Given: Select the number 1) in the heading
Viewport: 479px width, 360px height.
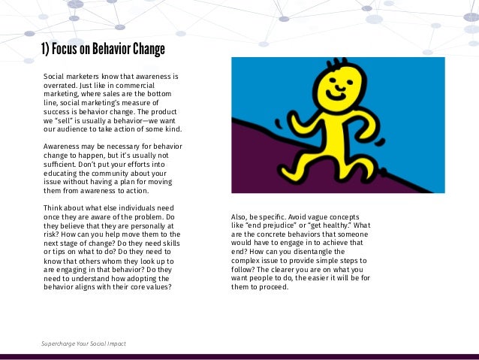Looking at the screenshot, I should (x=47, y=50).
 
